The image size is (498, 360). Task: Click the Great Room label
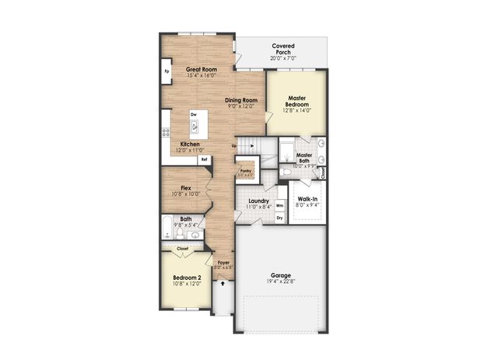pyautogui.click(x=202, y=69)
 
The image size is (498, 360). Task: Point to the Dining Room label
pyautogui.click(x=241, y=100)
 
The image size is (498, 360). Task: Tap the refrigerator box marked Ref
pyautogui.click(x=204, y=159)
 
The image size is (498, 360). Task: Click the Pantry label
pyautogui.click(x=245, y=170)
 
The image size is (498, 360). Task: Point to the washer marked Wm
pyautogui.click(x=279, y=205)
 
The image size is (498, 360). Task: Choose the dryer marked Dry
pyautogui.click(x=279, y=218)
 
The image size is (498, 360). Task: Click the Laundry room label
pyautogui.click(x=258, y=201)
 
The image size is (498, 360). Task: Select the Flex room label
pyautogui.click(x=186, y=187)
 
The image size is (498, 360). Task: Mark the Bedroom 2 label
pyautogui.click(x=187, y=278)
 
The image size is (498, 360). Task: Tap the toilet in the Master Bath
pyautogui.click(x=287, y=172)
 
